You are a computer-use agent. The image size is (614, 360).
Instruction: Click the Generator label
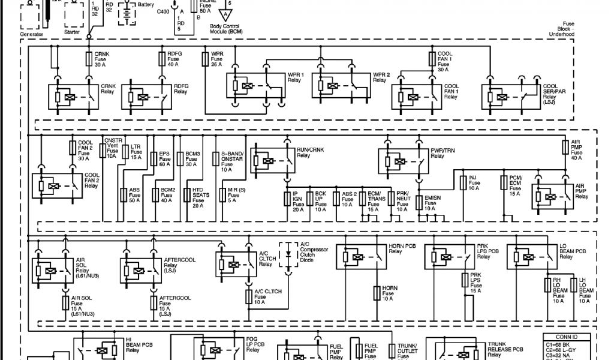31,34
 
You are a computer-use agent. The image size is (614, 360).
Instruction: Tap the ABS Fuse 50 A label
134,196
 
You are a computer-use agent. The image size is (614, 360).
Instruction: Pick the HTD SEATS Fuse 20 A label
198,197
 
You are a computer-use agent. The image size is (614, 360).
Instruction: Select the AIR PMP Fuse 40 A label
576,148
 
